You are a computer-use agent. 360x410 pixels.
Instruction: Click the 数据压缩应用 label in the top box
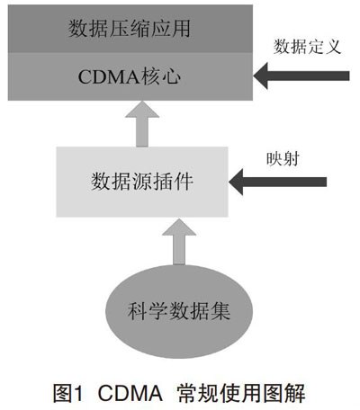130,29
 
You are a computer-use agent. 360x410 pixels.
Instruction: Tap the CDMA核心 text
130,76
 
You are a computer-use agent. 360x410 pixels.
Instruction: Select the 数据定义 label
307,47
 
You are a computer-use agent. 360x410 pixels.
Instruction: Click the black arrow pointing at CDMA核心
301,76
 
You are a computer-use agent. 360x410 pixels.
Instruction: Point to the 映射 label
283,158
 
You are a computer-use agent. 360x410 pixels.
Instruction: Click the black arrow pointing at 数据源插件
277,182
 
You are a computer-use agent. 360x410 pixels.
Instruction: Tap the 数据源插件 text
142,182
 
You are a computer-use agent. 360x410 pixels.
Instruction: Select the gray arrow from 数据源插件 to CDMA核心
142,124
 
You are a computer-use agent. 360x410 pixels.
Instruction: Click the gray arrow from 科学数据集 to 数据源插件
179,242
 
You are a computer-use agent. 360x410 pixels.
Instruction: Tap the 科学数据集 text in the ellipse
179,311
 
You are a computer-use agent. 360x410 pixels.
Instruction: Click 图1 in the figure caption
67,393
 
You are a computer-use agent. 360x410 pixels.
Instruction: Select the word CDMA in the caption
130,393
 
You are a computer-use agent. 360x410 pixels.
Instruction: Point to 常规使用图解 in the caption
241,393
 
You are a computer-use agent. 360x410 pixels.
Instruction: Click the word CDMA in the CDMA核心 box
109,77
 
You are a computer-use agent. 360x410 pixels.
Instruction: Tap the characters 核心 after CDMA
161,76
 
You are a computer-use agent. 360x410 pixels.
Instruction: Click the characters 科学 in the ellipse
148,311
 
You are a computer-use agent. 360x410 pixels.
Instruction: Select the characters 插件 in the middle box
173,182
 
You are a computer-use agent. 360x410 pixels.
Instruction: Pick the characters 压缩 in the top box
130,29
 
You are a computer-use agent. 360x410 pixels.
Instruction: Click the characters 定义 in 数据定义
325,47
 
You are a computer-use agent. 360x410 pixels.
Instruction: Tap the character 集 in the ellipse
220,311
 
